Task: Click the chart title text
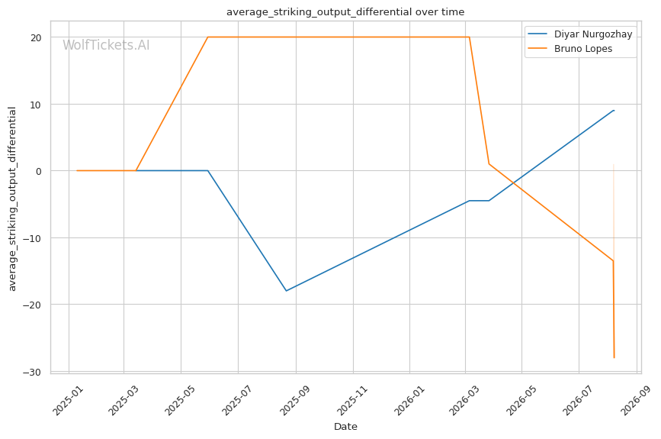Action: click(345, 11)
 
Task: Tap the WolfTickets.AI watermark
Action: click(106, 45)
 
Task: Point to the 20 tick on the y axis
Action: click(37, 37)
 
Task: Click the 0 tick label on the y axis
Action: click(39, 171)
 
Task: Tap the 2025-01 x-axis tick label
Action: click(68, 400)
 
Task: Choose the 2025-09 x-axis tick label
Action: click(295, 400)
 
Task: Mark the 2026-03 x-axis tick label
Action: click(464, 400)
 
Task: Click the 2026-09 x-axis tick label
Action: click(635, 400)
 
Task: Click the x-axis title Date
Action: click(345, 427)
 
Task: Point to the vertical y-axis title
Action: click(12, 199)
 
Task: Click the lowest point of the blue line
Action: click(286, 291)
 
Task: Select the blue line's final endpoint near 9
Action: click(614, 110)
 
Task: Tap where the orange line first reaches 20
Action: click(208, 37)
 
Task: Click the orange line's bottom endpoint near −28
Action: click(614, 358)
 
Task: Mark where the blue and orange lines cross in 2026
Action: click(513, 182)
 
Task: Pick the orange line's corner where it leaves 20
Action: click(469, 37)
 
